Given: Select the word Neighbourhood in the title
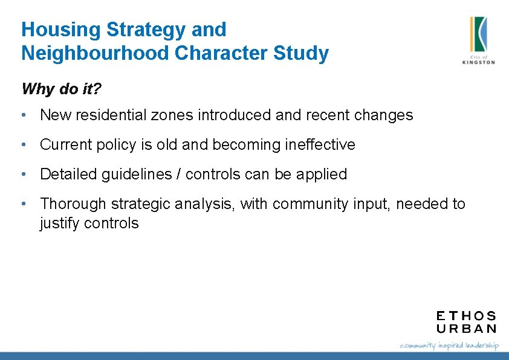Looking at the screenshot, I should pyautogui.click(x=95, y=53).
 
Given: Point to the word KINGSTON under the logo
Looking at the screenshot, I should pyautogui.click(x=478, y=62).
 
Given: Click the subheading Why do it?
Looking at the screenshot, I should pyautogui.click(x=61, y=89).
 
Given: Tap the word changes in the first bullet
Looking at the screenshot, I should pyautogui.click(x=385, y=115).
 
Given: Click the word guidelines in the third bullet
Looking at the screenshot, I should pyautogui.click(x=137, y=175).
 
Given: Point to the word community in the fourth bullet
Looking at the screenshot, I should pyautogui.click(x=311, y=204).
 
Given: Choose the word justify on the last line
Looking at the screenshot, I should pyautogui.click(x=59, y=223).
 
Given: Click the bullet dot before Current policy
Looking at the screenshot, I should pyautogui.click(x=23, y=145).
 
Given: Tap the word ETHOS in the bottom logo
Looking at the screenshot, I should pyautogui.click(x=466, y=316).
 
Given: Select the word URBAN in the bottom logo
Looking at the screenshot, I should pyautogui.click(x=466, y=329).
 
